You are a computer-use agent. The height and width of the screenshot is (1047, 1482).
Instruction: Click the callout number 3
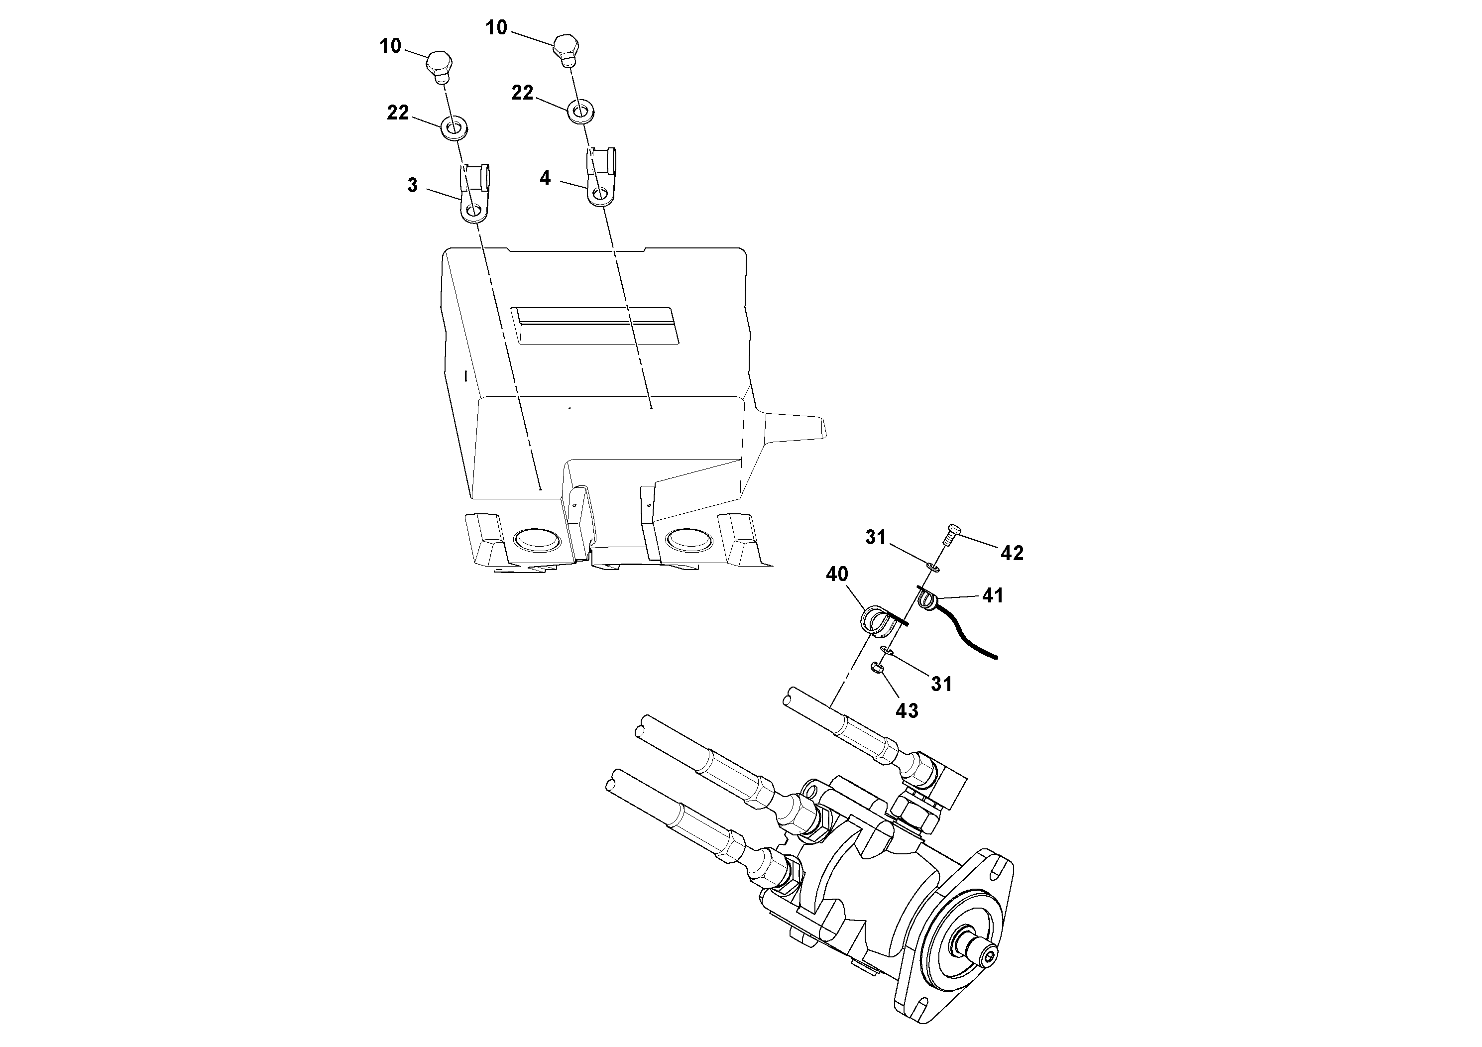[413, 185]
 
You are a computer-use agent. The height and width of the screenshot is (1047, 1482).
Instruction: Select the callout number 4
[546, 178]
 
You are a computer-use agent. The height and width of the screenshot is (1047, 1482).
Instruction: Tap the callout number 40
[837, 574]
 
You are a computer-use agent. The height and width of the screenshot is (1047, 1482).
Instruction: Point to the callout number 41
[993, 595]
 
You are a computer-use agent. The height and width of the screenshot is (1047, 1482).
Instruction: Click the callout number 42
[1012, 553]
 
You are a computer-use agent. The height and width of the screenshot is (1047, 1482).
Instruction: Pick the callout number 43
[907, 710]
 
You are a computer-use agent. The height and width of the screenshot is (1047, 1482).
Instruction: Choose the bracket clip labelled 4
[601, 178]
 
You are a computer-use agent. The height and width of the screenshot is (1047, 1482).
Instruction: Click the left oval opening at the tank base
[536, 539]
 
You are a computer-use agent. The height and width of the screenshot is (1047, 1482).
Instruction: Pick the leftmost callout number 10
[390, 46]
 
